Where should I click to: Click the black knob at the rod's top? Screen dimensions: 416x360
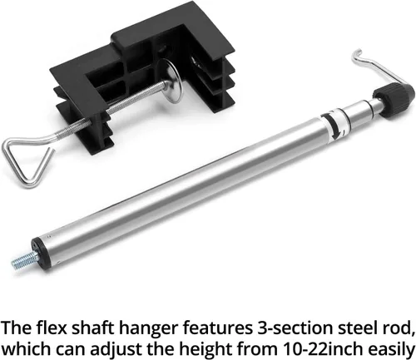pyautogui.click(x=394, y=102)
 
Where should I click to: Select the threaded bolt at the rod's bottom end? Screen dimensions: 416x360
pyautogui.click(x=25, y=259)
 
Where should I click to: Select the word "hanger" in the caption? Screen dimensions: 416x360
pyautogui.click(x=148, y=329)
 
